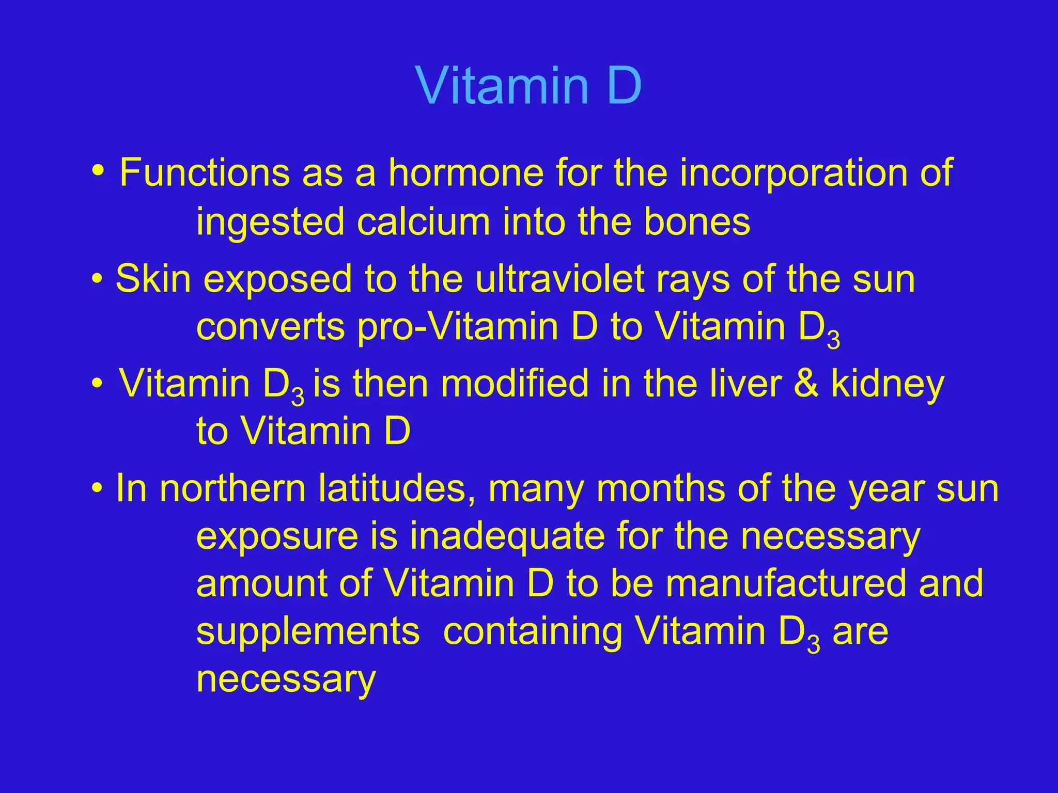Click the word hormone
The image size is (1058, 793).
(x=465, y=173)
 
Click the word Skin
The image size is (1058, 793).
(x=153, y=279)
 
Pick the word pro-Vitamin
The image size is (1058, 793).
(x=477, y=327)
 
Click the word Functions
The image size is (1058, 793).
(x=205, y=173)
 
